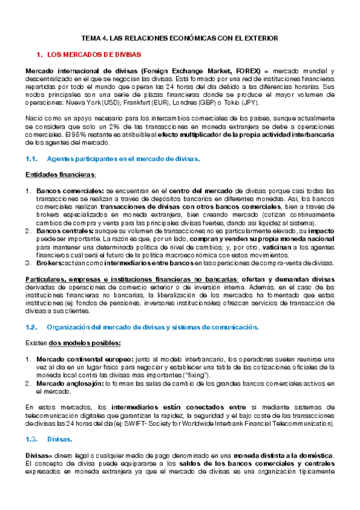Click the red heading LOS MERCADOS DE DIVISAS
[94, 55]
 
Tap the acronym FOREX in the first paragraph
[248, 71]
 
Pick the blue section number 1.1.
[32, 159]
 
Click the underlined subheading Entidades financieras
[60, 174]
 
